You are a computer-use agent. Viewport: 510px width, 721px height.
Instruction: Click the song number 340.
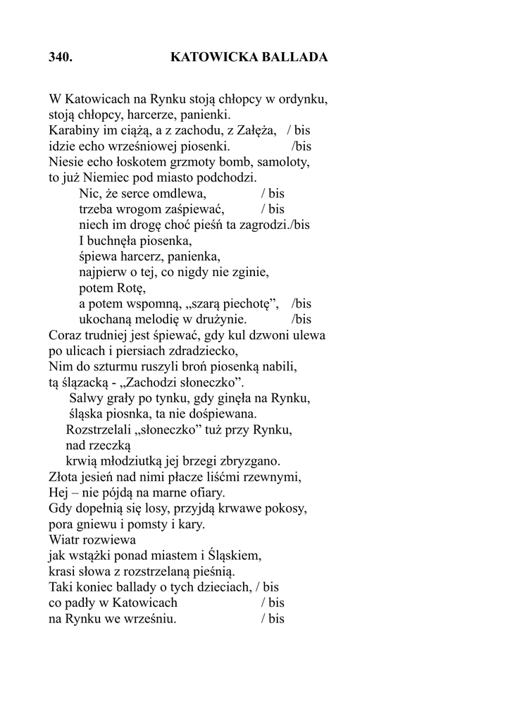tap(61, 58)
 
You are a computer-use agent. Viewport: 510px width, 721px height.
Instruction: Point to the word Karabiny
tap(73, 130)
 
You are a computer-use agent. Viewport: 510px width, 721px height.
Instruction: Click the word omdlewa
tap(176, 194)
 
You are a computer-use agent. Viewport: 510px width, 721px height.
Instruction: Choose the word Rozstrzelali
tap(101, 430)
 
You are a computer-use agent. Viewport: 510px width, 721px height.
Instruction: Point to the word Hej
tap(59, 493)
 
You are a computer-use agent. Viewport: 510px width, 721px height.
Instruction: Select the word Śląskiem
tap(234, 556)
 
